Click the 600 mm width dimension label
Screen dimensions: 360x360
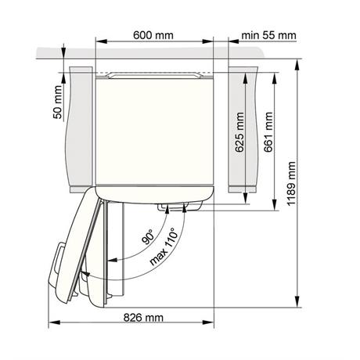(x=153, y=35)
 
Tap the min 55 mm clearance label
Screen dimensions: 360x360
(x=268, y=35)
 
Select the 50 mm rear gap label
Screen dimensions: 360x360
(x=58, y=103)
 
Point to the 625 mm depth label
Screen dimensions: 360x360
(x=239, y=132)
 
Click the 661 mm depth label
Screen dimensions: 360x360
(x=268, y=132)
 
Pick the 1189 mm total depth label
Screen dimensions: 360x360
(x=291, y=184)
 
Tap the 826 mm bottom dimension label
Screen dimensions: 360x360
(x=143, y=318)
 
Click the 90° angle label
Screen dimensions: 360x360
(x=148, y=237)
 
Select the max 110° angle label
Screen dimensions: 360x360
(x=164, y=246)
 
